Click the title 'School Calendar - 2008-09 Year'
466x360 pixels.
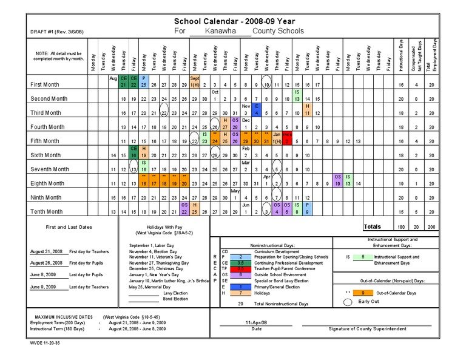[x=239, y=21]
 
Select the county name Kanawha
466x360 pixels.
[x=221, y=31]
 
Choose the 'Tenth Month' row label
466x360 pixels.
[x=47, y=212]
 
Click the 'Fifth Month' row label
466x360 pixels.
[x=47, y=141]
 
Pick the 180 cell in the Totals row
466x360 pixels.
[x=401, y=227]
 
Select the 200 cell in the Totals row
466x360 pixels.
[x=431, y=227]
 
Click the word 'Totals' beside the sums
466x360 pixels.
[x=373, y=227]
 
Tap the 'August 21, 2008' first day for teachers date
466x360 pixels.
[x=46, y=251]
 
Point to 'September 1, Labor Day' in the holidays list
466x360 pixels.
[x=152, y=245]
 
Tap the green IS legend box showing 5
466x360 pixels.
[x=362, y=257]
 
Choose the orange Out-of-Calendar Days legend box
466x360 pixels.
[x=362, y=293]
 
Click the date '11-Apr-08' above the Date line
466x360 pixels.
[x=257, y=322]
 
